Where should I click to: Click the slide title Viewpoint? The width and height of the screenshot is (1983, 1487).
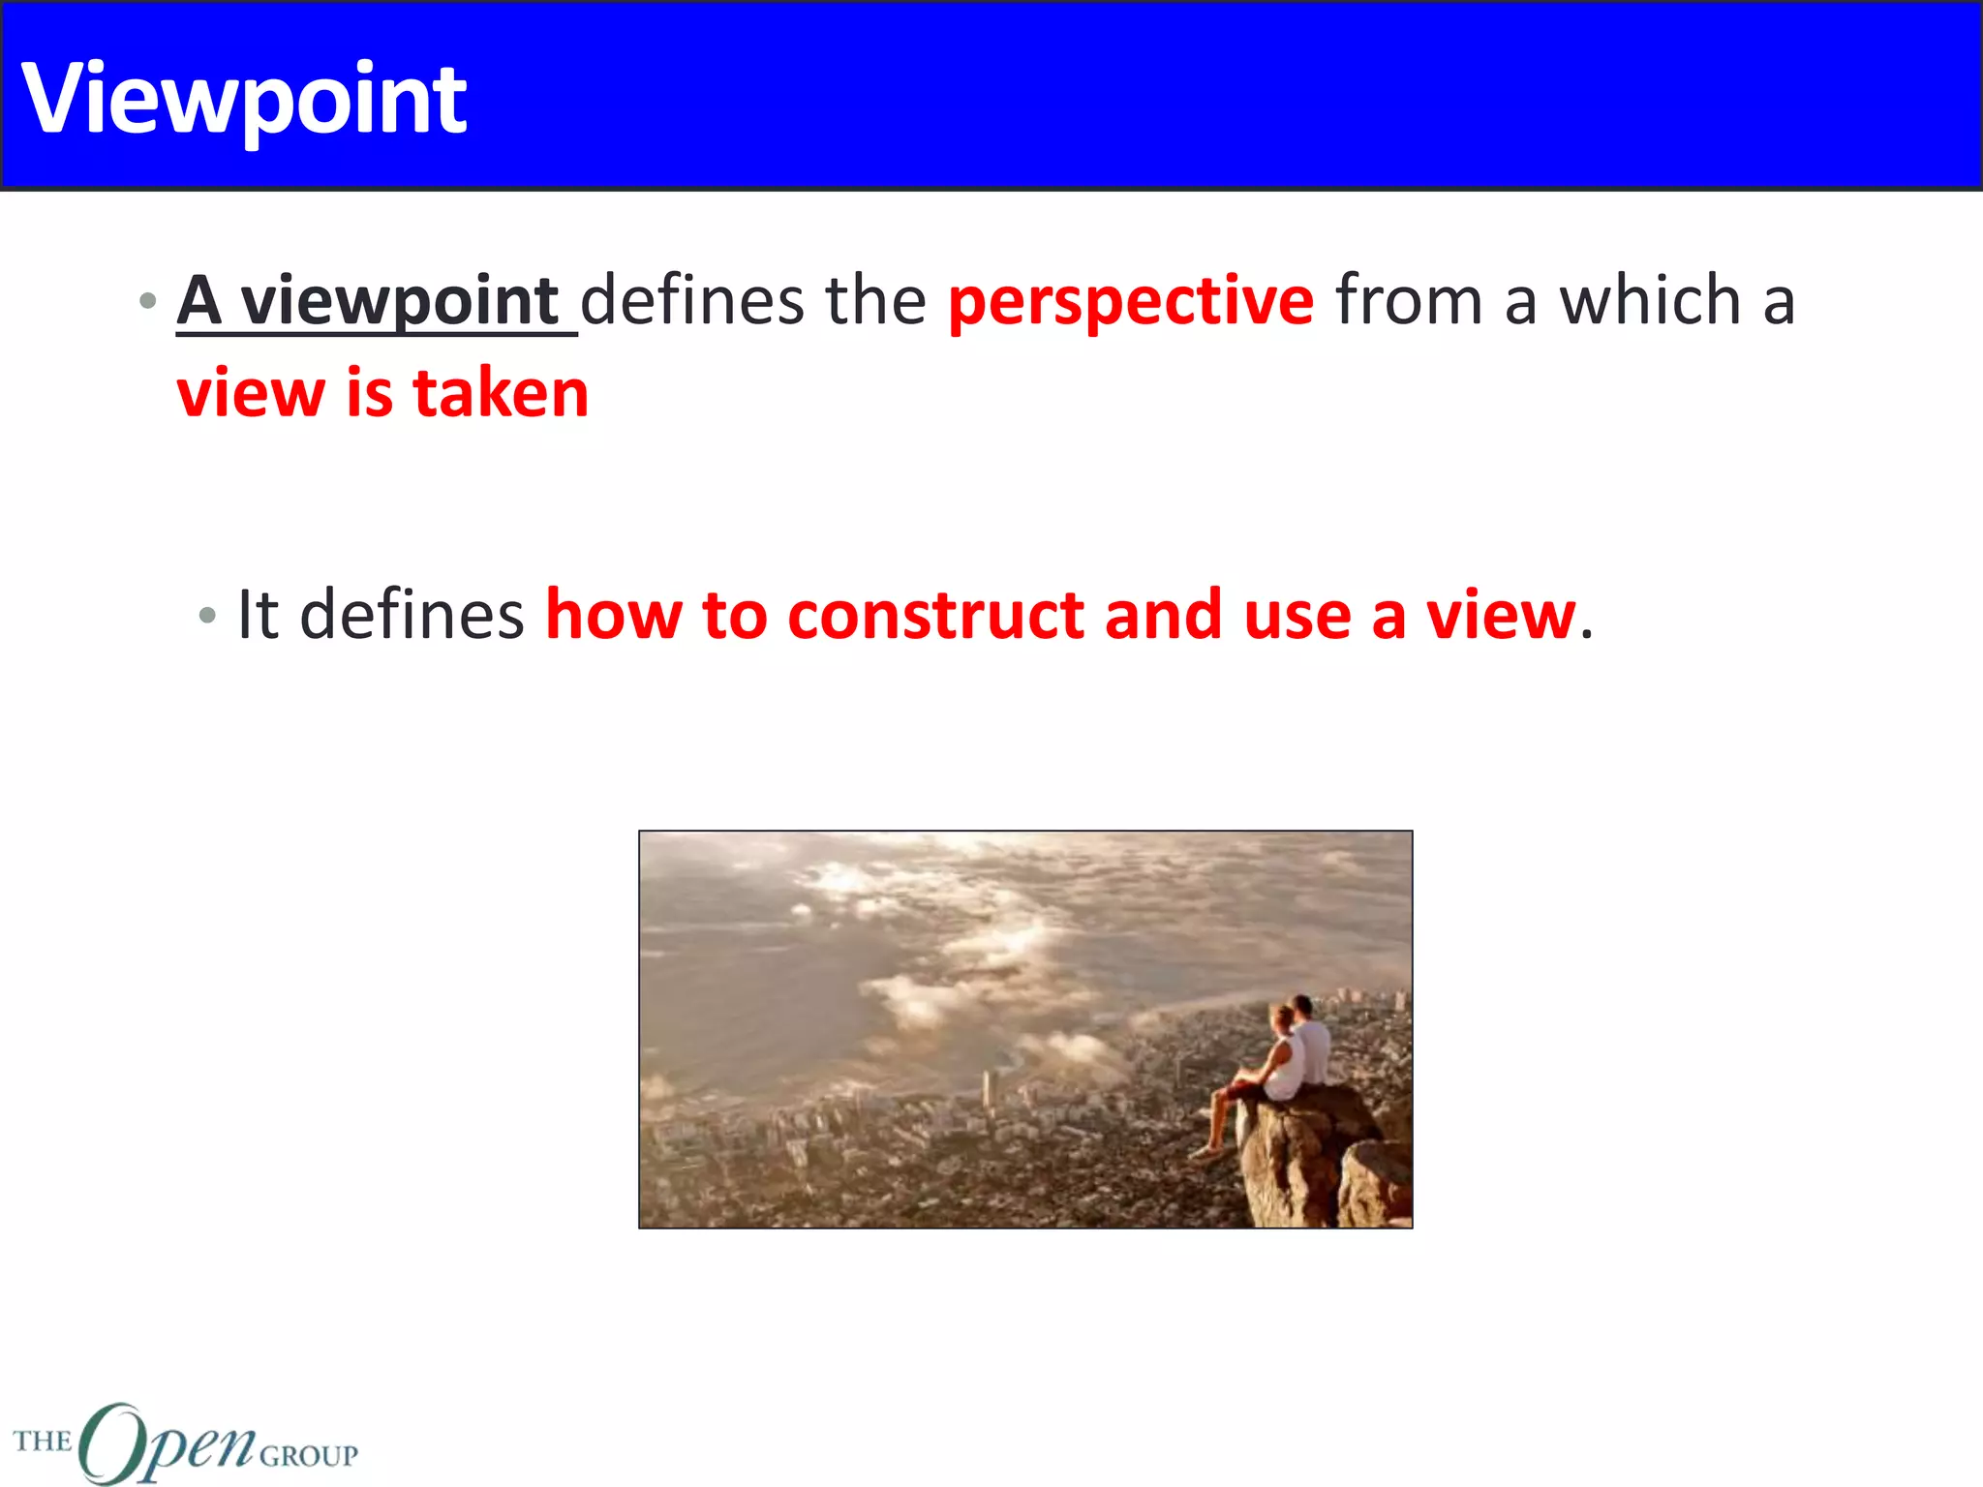(x=244, y=99)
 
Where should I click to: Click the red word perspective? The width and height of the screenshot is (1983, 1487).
(x=1130, y=302)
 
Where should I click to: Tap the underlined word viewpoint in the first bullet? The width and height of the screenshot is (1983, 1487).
(x=399, y=302)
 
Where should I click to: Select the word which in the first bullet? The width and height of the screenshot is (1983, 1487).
(x=1650, y=300)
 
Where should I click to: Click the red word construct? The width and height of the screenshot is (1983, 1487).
(x=935, y=616)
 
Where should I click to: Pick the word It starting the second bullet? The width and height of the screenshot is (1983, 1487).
(x=258, y=615)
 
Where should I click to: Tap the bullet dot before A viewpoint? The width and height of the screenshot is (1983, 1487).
(x=147, y=301)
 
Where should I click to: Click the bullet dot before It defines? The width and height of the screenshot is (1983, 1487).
(x=206, y=615)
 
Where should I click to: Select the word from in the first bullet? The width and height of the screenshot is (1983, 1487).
(x=1409, y=300)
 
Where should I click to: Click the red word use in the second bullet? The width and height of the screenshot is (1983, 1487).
(x=1297, y=616)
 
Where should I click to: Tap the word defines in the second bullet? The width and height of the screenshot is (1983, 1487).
(x=412, y=615)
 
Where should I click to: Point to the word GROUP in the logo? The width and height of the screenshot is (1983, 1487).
(x=309, y=1455)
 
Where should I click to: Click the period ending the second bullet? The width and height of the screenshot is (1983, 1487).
(x=1586, y=635)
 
